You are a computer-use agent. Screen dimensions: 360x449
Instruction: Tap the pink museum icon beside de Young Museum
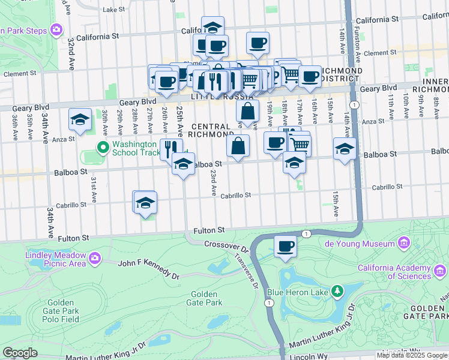[x=403, y=243]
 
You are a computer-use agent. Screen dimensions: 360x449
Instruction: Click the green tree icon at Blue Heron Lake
[x=337, y=292]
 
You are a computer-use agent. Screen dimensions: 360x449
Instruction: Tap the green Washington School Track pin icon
[x=103, y=147]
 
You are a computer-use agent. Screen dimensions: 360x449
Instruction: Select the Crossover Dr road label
[x=226, y=245]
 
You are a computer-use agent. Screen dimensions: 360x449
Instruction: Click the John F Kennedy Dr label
[x=149, y=268]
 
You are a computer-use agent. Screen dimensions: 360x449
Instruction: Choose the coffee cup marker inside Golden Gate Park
[x=286, y=245]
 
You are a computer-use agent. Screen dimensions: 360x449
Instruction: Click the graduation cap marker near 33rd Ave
[x=80, y=119]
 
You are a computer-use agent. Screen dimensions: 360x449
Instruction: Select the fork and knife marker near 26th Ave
[x=172, y=148]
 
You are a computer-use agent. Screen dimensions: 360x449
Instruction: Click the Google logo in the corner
[x=20, y=353]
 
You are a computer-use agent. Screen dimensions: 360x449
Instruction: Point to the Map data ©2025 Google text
[x=412, y=355]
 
